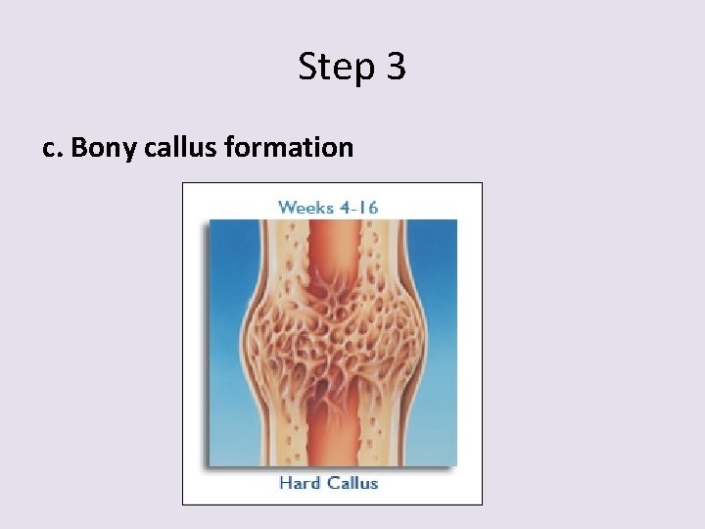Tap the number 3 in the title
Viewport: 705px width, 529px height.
[x=395, y=67]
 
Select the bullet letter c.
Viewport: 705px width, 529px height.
[x=51, y=148]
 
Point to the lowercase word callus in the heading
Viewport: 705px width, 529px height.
[x=181, y=147]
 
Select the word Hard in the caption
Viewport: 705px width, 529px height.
[x=299, y=482]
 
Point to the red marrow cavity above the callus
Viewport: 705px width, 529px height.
[x=331, y=250]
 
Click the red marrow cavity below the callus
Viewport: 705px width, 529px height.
[x=331, y=431]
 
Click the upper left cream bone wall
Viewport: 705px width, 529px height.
[x=284, y=250]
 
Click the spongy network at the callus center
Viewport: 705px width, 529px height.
[x=331, y=338]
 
